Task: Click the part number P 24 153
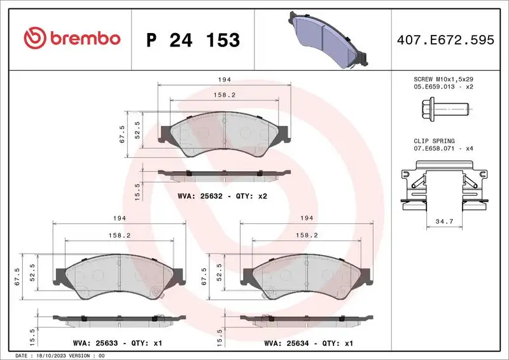click(193, 40)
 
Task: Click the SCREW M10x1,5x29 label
click(443, 78)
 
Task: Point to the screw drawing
click(448, 109)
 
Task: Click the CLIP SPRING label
click(434, 141)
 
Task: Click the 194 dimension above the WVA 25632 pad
click(224, 80)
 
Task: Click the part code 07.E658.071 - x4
click(443, 149)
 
